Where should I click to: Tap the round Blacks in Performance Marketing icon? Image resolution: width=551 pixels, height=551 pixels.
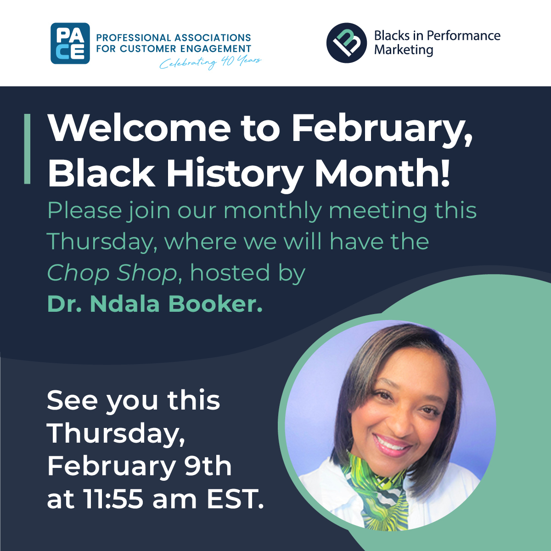[347, 43]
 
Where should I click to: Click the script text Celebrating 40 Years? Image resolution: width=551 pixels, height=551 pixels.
[210, 62]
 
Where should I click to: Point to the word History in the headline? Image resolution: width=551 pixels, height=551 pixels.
[235, 174]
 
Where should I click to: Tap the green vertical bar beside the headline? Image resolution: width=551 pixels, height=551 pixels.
[27, 149]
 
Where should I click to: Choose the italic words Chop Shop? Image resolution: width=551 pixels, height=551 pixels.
[112, 273]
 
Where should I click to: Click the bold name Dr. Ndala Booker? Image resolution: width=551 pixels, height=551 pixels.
[155, 304]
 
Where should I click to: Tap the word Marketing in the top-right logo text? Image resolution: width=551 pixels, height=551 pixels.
[404, 50]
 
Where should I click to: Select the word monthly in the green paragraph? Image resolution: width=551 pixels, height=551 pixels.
[273, 211]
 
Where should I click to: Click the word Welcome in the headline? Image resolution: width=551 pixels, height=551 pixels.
[139, 128]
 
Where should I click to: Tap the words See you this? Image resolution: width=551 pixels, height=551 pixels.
[133, 400]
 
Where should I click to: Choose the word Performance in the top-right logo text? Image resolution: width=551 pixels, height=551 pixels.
[463, 36]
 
